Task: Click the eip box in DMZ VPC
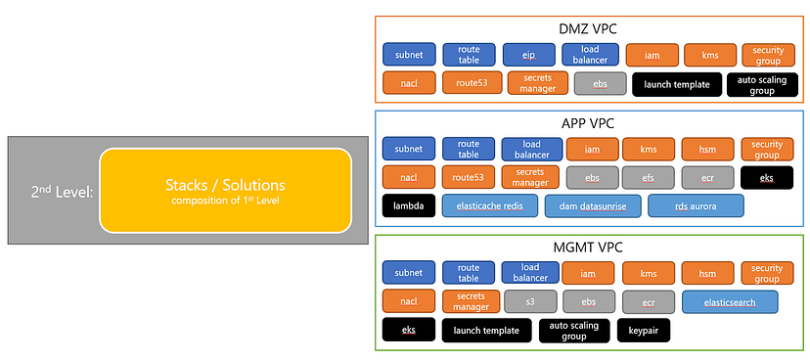pyautogui.click(x=528, y=55)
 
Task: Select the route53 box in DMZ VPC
pyautogui.click(x=472, y=82)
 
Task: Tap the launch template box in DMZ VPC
pyautogui.click(x=677, y=85)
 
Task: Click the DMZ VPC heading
pyautogui.click(x=587, y=30)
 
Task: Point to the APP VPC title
pyautogui.click(x=587, y=124)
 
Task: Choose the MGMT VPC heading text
pyautogui.click(x=587, y=247)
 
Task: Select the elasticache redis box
pyautogui.click(x=490, y=206)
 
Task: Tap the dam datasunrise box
pyautogui.click(x=593, y=206)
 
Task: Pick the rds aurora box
pyautogui.click(x=696, y=206)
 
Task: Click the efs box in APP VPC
pyautogui.click(x=648, y=178)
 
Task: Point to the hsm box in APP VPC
pyautogui.click(x=707, y=150)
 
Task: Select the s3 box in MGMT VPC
pyautogui.click(x=530, y=301)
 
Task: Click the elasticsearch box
pyautogui.click(x=730, y=302)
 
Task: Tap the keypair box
pyautogui.click(x=644, y=330)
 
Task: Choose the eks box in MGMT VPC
pyautogui.click(x=409, y=330)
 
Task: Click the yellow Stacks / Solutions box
pyautogui.click(x=226, y=190)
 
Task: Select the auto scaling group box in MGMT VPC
pyautogui.click(x=573, y=331)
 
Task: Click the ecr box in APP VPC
pyautogui.click(x=707, y=178)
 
